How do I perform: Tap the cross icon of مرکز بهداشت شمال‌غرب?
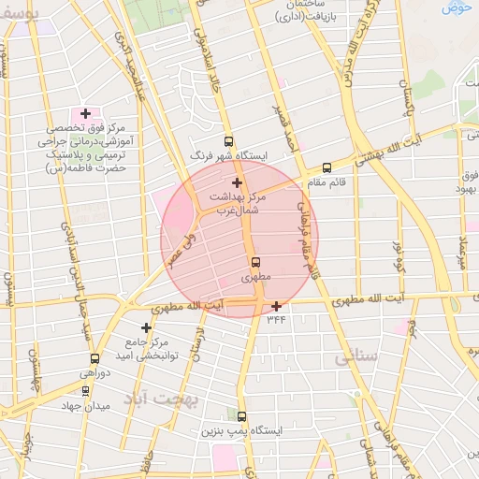[237, 182]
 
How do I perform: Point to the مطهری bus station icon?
[254, 263]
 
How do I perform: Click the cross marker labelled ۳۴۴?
[276, 306]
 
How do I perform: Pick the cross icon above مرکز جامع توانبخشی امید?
[146, 327]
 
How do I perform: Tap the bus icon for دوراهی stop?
[94, 357]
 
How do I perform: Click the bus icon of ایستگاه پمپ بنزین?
[242, 416]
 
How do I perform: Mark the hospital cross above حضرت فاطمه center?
[86, 113]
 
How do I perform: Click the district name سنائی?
[360, 356]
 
